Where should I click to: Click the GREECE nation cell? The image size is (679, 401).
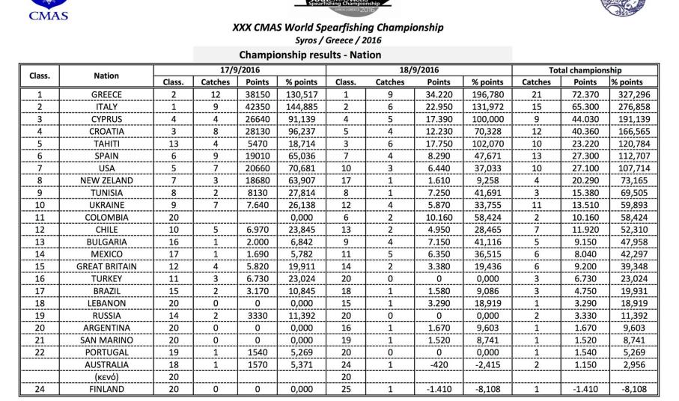pos(106,94)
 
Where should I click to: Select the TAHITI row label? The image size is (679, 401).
pos(106,144)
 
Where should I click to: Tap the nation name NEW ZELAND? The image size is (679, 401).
pos(106,181)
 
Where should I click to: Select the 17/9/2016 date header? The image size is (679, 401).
pos(240,69)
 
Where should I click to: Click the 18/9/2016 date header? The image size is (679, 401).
pos(418,69)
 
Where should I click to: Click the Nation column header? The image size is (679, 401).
pos(106,75)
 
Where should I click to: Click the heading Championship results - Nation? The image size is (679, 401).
pos(309,55)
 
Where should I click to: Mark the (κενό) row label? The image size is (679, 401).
pos(106,378)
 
